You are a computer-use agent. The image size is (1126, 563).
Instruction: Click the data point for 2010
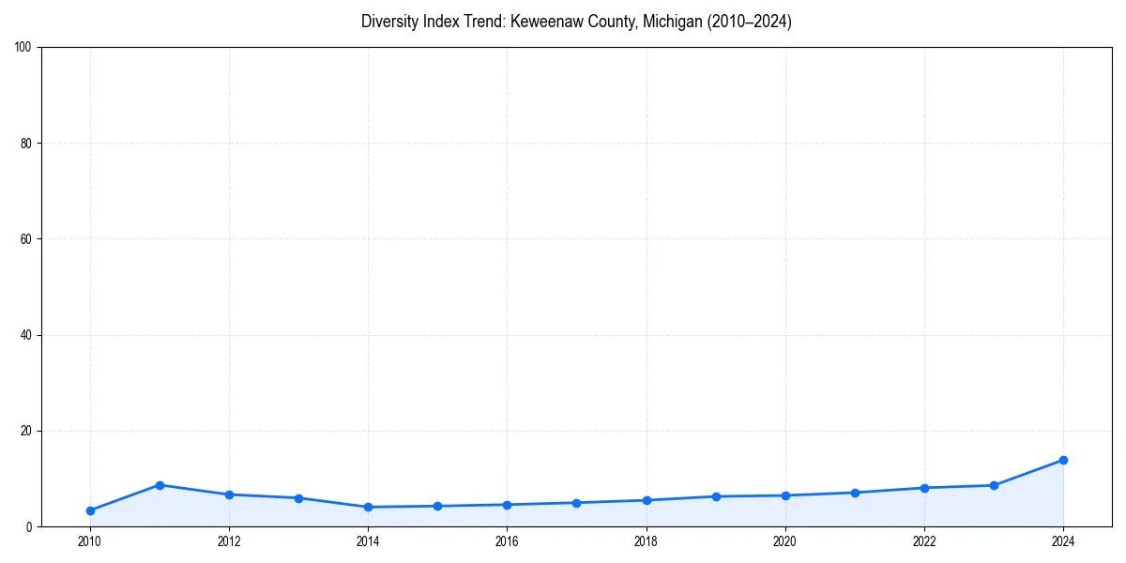[x=90, y=510]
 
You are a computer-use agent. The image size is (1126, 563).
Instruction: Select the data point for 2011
[x=160, y=485]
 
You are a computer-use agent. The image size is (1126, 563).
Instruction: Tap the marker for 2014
[x=368, y=507]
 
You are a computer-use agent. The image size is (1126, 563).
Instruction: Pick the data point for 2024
[x=1063, y=460]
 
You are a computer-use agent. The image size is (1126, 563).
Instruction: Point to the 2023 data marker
[x=994, y=485]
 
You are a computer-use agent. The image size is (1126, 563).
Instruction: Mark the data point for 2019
[x=716, y=496]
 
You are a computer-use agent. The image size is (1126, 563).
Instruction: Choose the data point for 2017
[x=576, y=503]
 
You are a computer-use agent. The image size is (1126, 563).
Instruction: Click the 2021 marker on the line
[x=855, y=493]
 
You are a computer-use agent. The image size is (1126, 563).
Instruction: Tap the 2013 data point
[x=298, y=498]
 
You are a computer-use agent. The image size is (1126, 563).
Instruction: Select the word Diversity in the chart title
[x=388, y=22]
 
